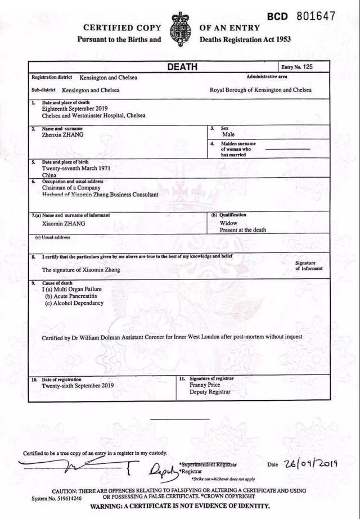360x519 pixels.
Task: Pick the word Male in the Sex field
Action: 228,135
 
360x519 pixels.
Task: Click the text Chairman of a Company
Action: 73,188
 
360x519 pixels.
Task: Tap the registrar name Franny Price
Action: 205,385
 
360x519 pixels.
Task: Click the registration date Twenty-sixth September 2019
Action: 78,386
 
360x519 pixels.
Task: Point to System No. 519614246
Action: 57,498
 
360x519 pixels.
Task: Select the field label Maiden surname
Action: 238,144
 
